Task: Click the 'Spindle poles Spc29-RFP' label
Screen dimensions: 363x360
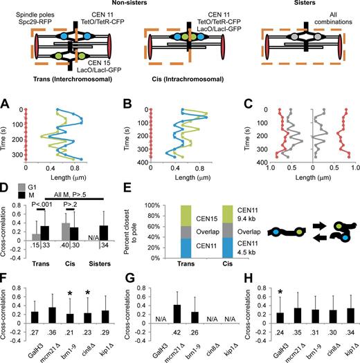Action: [x=25, y=12]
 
